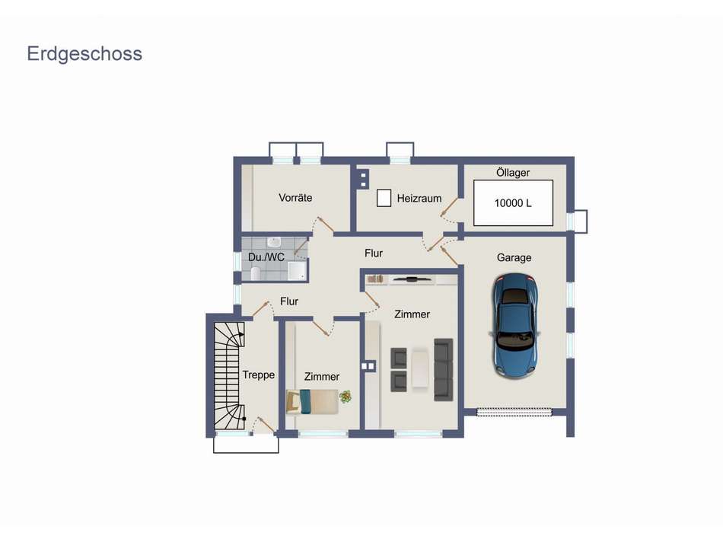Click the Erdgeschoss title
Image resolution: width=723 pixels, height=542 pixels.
pos(84,54)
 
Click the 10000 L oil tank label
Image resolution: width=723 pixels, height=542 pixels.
pos(513,203)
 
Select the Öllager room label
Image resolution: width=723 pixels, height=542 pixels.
pos(513,173)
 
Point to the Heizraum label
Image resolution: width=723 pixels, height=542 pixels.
pos(419,198)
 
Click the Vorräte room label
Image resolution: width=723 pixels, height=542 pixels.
pos(295,197)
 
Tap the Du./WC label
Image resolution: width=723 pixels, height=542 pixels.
pos(266,257)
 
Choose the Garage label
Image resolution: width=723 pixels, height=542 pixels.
pos(514,257)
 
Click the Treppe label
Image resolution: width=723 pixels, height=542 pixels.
pos(258,375)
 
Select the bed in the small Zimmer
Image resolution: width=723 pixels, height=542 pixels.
pos(311,400)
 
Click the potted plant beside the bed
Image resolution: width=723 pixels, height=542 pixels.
pos(346,397)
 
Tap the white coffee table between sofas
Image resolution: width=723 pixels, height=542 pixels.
pos(421,369)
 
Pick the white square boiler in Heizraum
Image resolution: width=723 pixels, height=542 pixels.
pos(384,198)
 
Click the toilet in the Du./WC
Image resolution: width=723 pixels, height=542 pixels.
pos(256,273)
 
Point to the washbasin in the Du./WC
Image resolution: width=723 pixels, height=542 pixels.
pos(252,244)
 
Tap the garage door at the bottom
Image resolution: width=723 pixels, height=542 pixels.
pos(514,412)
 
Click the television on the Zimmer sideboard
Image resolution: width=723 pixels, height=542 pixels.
pos(412,279)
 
